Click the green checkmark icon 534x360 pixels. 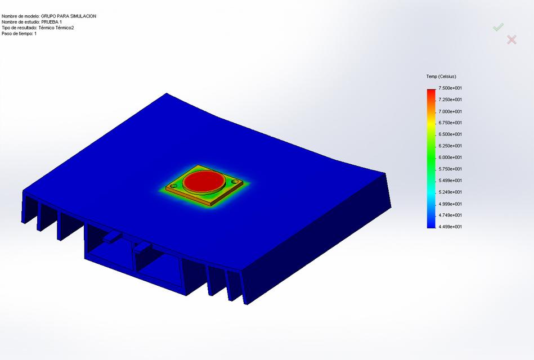[498, 27]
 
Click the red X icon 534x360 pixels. [511, 39]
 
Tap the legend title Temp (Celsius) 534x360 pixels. [441, 76]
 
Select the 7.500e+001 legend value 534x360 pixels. [450, 88]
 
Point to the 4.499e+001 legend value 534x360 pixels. [450, 227]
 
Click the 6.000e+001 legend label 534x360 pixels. [450, 157]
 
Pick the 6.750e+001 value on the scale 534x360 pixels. [450, 123]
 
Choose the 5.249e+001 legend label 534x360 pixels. [450, 192]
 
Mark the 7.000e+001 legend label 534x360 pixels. [450, 111]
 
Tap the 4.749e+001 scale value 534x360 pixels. [450, 215]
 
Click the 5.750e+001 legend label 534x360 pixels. [450, 169]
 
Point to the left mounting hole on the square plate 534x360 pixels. [174, 186]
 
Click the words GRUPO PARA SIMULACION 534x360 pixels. [69, 16]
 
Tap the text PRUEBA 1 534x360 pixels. [51, 22]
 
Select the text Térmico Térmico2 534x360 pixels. [56, 28]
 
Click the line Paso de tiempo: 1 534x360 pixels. [19, 34]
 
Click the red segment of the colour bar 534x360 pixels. [431, 92]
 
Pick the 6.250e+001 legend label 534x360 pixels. [450, 146]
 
